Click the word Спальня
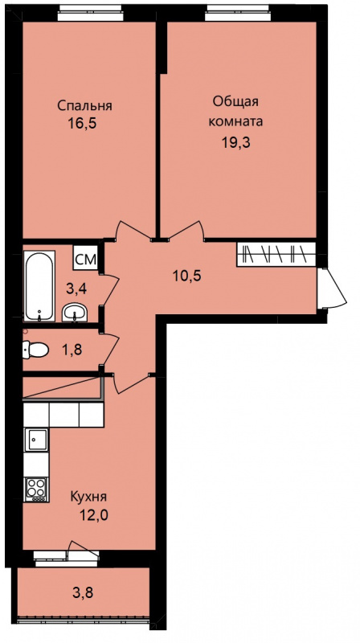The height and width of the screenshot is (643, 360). tap(84, 106)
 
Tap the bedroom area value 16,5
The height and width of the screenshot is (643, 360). tap(84, 125)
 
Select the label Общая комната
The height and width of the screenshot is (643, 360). tap(235, 112)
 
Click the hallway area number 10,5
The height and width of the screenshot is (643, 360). tap(186, 276)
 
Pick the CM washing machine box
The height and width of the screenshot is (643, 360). tap(86, 259)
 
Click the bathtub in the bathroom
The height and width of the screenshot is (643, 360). tap(39, 286)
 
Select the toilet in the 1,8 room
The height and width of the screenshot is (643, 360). tap(35, 350)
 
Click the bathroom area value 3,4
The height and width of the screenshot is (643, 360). tap(76, 289)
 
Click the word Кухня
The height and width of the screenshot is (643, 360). tap(88, 497)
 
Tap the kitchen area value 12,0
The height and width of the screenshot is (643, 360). tap(94, 515)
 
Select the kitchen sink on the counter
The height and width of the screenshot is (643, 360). tap(36, 440)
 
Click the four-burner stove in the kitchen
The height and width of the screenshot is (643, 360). tap(36, 489)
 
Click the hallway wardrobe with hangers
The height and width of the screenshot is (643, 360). tap(276, 254)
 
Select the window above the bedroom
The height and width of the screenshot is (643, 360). tap(90, 13)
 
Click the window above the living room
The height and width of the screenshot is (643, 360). tap(238, 13)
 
